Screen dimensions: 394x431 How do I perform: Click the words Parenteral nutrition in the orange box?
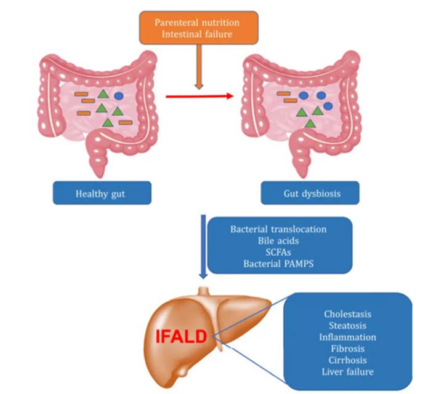click(x=197, y=22)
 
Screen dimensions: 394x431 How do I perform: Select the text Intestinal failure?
click(x=197, y=34)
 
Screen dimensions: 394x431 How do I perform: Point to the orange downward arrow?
click(x=198, y=68)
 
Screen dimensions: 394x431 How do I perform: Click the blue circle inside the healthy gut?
click(x=118, y=96)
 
